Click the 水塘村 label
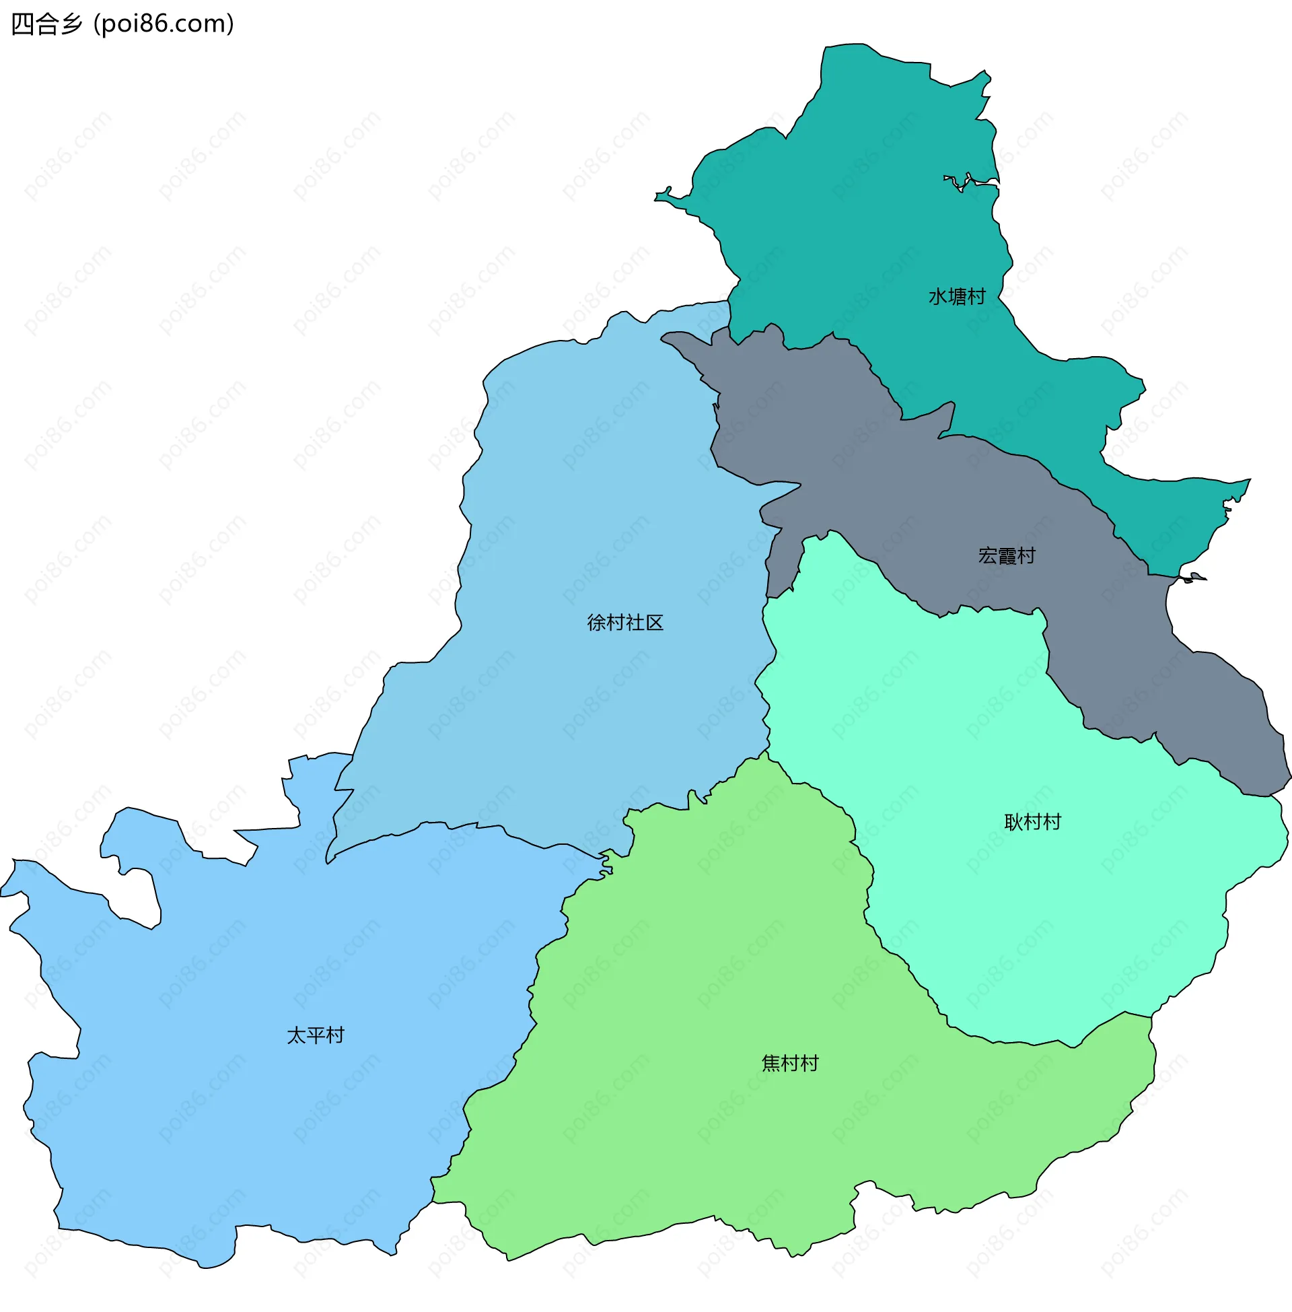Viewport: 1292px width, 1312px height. coord(956,297)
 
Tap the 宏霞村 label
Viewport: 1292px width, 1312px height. coord(1006,556)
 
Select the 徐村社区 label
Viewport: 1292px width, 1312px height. coord(624,623)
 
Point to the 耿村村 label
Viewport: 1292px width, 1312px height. coord(1032,822)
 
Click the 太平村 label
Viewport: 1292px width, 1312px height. coord(316,1035)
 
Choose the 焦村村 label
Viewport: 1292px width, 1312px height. coord(790,1063)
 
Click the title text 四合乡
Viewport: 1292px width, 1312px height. coord(47,24)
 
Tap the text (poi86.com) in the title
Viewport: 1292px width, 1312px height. coord(164,24)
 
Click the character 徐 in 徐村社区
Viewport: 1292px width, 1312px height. coord(596,623)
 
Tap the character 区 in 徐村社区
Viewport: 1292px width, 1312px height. coord(654,623)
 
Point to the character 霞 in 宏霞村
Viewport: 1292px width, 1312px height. coord(1006,556)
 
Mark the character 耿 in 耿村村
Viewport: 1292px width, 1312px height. coord(1013,822)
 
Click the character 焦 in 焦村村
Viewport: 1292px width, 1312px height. coord(771,1063)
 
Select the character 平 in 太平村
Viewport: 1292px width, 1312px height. coord(316,1035)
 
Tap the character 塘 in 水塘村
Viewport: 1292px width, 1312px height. coord(956,297)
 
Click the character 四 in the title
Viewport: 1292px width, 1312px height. coord(22,24)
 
